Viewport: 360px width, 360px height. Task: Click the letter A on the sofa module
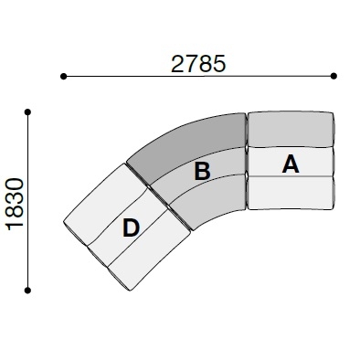[291, 164]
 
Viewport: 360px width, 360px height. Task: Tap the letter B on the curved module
[202, 171]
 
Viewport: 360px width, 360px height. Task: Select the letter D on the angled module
[131, 228]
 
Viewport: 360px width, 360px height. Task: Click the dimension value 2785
[198, 64]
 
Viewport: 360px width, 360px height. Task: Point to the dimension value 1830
[16, 205]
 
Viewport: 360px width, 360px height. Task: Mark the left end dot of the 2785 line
[63, 76]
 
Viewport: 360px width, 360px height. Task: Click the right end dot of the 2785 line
[334, 76]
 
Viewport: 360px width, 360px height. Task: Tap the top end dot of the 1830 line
[27, 112]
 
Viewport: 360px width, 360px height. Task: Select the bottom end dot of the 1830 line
[27, 291]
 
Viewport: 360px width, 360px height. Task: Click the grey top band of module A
[291, 129]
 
